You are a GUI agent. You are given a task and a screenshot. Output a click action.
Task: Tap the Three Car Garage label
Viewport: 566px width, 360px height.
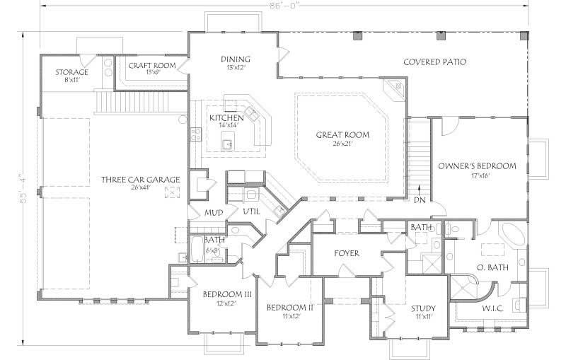[x=139, y=179]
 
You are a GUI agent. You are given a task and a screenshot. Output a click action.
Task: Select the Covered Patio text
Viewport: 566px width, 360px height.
[x=434, y=62]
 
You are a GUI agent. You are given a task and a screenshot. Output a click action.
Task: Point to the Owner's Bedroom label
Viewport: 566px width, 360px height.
[x=477, y=166]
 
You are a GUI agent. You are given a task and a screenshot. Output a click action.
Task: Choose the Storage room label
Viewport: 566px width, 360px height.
[x=72, y=72]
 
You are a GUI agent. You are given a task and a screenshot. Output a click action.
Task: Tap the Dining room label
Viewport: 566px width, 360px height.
[x=236, y=59]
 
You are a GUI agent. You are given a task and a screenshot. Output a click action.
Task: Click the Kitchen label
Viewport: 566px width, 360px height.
[x=226, y=117]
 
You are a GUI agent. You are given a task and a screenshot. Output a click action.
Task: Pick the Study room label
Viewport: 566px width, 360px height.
[x=422, y=308]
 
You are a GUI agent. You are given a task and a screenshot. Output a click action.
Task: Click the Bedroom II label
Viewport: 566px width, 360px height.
[x=289, y=308]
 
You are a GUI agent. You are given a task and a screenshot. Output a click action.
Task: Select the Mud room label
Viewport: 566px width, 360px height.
[x=214, y=211]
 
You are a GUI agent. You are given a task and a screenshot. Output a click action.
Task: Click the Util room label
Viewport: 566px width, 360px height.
[x=252, y=211]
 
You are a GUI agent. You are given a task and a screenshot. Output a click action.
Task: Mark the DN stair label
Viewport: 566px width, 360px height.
[x=420, y=199]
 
